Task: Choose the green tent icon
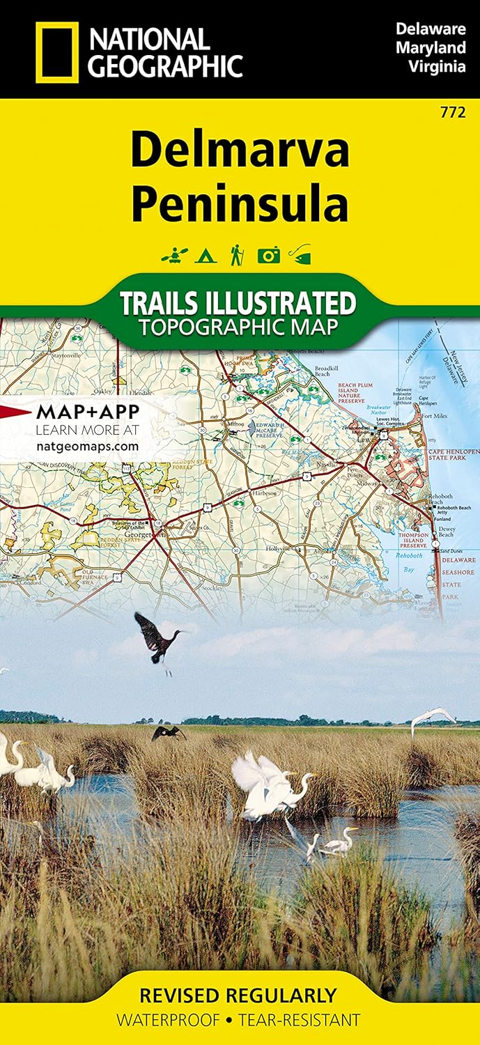204,256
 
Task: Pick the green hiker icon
236,255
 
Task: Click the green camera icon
268,256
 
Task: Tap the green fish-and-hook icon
300,255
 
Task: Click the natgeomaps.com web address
86,444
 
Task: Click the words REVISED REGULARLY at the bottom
238,995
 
